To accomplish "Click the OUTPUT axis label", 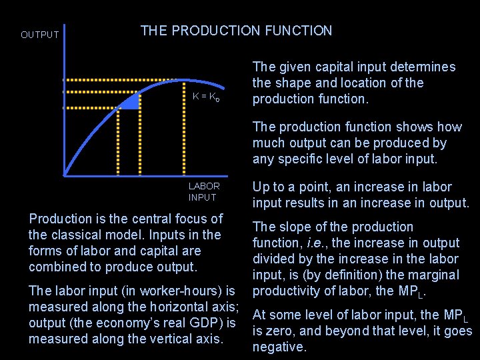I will pos(40,35).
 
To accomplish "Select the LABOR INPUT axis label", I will pos(203,191).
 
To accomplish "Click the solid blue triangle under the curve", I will pos(133,102).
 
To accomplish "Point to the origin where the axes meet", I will pos(65,175).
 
